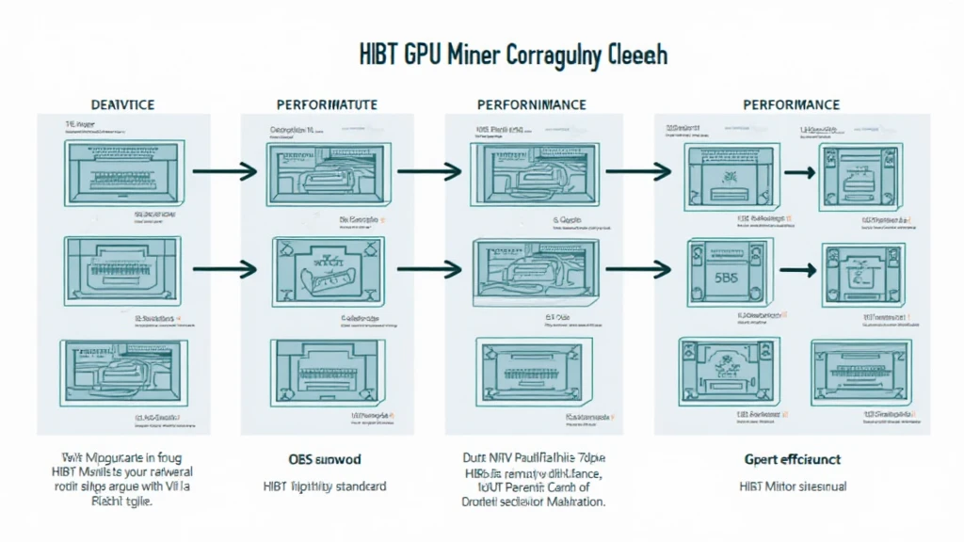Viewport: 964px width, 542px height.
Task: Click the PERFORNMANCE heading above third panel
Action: [x=531, y=104]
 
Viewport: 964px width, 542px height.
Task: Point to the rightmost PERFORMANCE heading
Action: [x=791, y=104]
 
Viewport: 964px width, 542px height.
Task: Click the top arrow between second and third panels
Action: [x=429, y=171]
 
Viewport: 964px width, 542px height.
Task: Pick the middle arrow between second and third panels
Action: [x=429, y=269]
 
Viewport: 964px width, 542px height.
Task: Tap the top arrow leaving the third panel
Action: [x=638, y=171]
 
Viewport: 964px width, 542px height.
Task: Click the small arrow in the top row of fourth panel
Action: [x=800, y=173]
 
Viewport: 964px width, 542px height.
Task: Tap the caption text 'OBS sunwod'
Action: [x=324, y=460]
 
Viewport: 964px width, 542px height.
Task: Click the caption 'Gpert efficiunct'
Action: [x=792, y=460]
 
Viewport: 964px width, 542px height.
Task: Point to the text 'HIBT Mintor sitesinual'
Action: [x=792, y=486]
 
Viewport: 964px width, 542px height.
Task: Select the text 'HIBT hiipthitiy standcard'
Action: [x=324, y=486]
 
